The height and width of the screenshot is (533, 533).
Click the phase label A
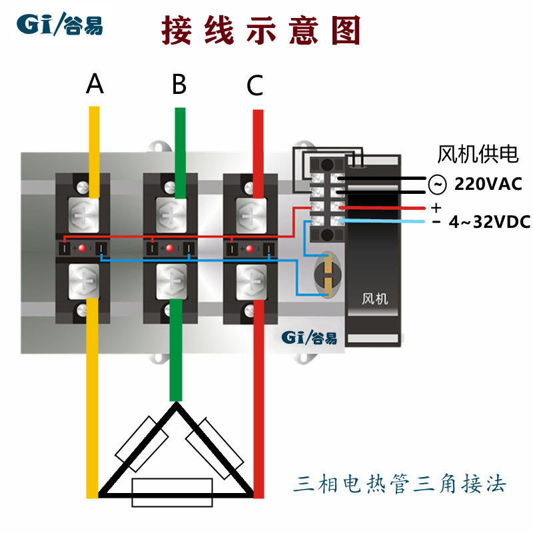click(x=95, y=84)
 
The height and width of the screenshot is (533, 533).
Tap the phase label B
click(x=179, y=85)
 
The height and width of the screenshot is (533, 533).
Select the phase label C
click(x=255, y=85)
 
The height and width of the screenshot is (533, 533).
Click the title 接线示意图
click(x=261, y=31)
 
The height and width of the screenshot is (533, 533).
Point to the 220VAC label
click(x=488, y=183)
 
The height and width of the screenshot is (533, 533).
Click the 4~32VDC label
click(x=490, y=222)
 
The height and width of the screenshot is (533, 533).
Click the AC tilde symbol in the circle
click(x=436, y=183)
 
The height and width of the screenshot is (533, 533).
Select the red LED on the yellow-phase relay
click(x=83, y=249)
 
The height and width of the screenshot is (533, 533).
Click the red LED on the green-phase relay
click(x=169, y=249)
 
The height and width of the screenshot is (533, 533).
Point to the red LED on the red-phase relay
click(x=250, y=249)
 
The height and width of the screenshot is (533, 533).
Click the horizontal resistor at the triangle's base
click(x=173, y=491)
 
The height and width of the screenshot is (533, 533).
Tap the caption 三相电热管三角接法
click(x=400, y=483)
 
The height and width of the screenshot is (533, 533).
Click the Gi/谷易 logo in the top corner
click(x=60, y=25)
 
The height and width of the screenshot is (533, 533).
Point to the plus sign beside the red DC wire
click(x=436, y=207)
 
